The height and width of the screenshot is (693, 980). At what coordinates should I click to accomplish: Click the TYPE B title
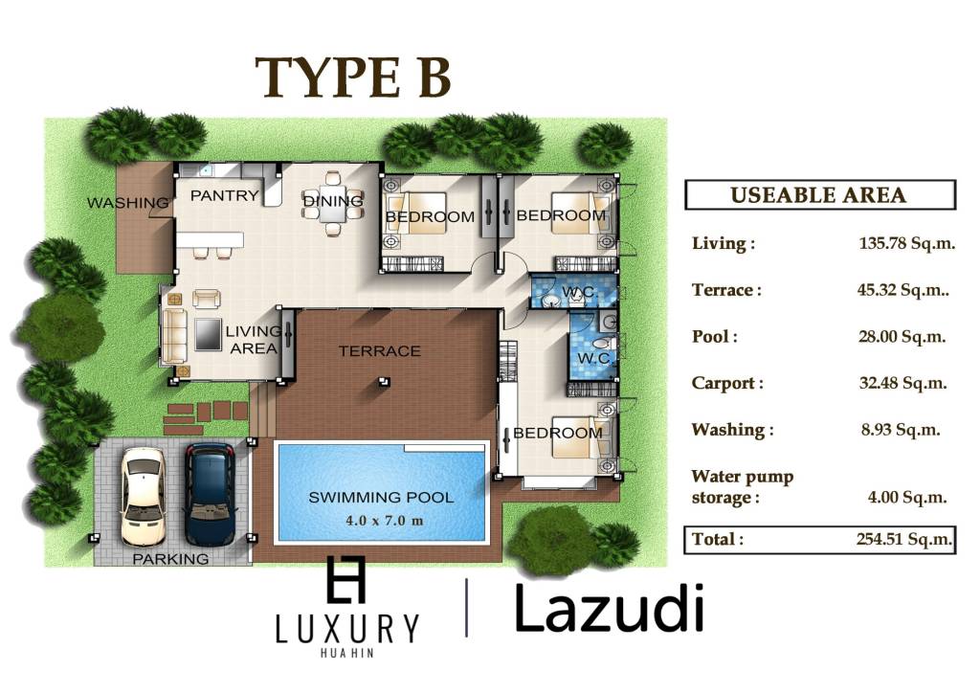(352, 78)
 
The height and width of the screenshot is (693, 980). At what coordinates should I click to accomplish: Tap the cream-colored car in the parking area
(143, 495)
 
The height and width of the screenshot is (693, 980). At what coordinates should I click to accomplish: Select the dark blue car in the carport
(210, 493)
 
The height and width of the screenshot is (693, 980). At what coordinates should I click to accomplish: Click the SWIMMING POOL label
(381, 498)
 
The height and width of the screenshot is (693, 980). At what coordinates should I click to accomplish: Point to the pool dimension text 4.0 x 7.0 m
(381, 521)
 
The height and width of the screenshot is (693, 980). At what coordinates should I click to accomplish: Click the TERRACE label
(380, 351)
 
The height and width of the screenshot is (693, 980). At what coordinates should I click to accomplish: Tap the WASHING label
(127, 203)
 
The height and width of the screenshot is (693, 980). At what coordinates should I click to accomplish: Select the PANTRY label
(225, 196)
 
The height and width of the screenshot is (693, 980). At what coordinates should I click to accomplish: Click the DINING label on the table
(333, 201)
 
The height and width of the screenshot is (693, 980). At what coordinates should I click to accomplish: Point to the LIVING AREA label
(254, 340)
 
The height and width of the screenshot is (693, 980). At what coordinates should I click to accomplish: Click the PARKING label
(170, 559)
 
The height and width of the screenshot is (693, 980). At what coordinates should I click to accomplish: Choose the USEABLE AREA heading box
(819, 195)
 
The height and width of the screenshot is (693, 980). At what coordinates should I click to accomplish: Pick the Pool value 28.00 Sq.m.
(902, 337)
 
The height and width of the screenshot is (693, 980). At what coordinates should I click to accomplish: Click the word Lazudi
(610, 608)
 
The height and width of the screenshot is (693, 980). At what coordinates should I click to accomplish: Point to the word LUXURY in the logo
(346, 629)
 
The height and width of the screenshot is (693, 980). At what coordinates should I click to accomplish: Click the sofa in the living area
(175, 337)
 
